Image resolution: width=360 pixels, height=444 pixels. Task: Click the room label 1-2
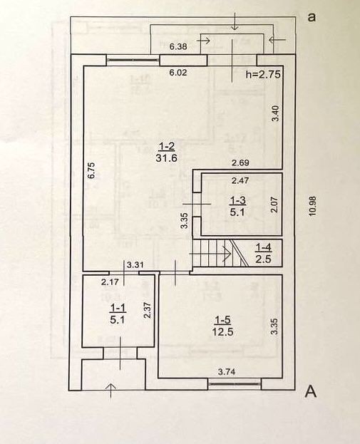coord(166,146)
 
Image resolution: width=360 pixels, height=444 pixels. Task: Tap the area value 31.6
coord(166,158)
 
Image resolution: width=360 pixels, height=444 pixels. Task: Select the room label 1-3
coord(237,200)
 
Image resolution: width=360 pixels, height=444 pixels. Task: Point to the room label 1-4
coord(264,247)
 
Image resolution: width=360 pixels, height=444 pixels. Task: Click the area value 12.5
coord(223,331)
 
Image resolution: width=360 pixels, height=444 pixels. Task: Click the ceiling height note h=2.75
coord(264,74)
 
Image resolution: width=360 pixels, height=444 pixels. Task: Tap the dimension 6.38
coord(178,46)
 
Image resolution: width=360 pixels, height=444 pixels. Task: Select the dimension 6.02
coord(178,73)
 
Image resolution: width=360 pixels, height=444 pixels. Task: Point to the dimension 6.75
coord(91,170)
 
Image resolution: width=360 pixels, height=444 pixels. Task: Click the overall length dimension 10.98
coord(311,207)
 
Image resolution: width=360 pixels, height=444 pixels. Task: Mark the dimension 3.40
coord(276,113)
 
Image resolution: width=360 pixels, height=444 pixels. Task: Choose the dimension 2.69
coord(240,162)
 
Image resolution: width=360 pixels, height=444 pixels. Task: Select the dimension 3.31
coord(135,265)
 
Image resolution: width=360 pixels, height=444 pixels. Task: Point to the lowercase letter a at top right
coord(312,17)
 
